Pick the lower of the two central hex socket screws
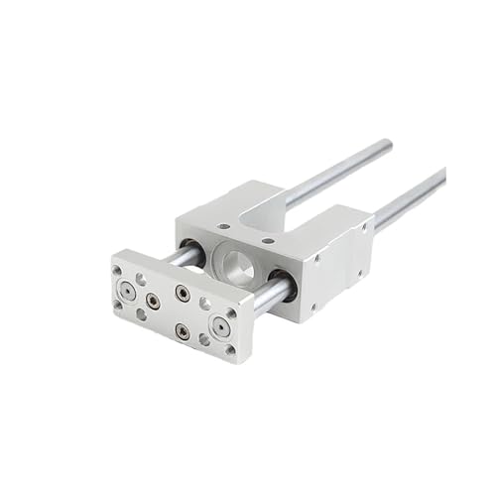click(182, 330)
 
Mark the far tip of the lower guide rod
click(441, 174)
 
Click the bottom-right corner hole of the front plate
click(230, 349)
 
